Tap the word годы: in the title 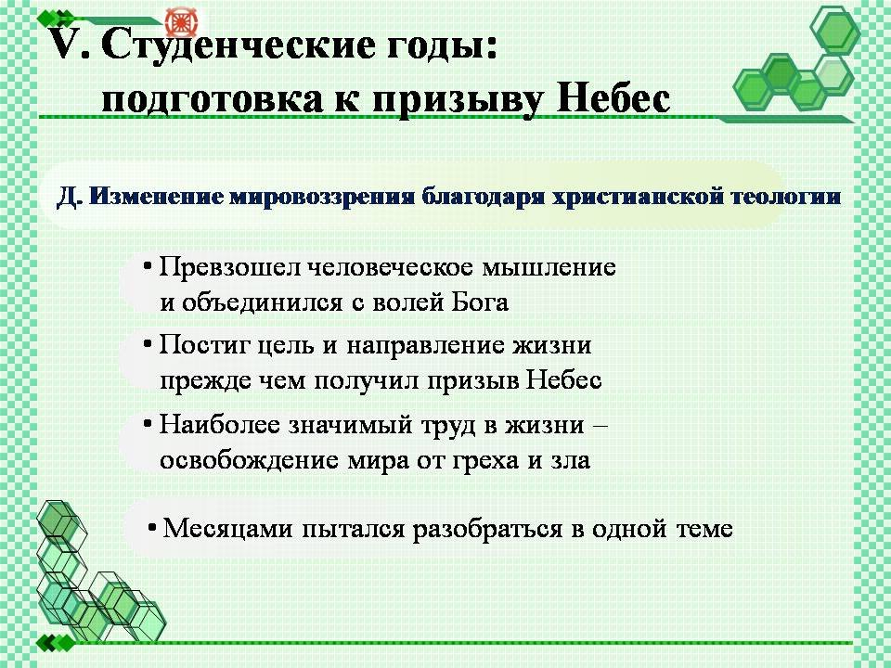click(443, 46)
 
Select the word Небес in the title click(613, 97)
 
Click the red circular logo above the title click(181, 22)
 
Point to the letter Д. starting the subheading click(71, 197)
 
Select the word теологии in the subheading click(786, 197)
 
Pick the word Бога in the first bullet click(480, 302)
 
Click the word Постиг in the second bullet click(200, 345)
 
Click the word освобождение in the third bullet click(249, 459)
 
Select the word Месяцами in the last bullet click(228, 529)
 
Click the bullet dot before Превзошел click(148, 265)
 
